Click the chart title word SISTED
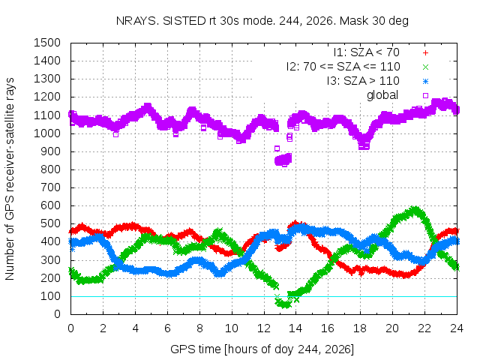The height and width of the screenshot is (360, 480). (x=184, y=21)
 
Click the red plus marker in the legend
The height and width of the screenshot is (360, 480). (x=425, y=53)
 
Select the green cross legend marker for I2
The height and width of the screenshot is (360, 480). (x=425, y=67)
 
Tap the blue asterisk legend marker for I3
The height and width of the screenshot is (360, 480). (x=425, y=82)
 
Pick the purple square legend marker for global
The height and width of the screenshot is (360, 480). (x=425, y=95)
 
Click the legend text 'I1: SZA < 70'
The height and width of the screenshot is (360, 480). (x=367, y=52)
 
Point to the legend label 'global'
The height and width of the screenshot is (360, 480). (x=382, y=95)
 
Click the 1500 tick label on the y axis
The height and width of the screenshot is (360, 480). (x=46, y=43)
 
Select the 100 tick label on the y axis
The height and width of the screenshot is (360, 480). (x=50, y=296)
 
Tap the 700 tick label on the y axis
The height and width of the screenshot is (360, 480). (x=50, y=187)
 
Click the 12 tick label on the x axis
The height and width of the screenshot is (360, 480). (x=263, y=328)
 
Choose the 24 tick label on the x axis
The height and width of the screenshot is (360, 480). (x=457, y=328)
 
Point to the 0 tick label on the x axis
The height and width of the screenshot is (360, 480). (x=70, y=328)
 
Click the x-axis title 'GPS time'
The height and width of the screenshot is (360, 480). (x=196, y=349)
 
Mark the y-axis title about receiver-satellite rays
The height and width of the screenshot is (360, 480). (x=10, y=178)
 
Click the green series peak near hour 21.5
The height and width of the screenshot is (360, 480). (x=415, y=211)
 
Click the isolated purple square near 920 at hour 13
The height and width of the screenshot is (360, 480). (x=277, y=148)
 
